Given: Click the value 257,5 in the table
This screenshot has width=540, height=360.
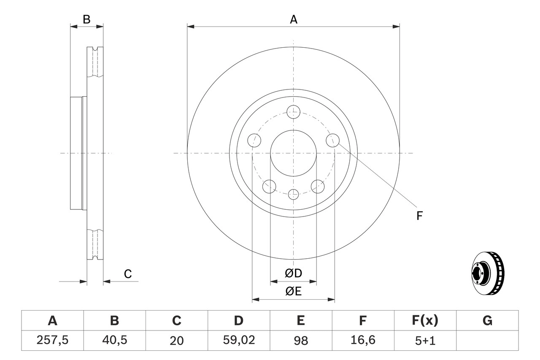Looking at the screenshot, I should tap(52, 340).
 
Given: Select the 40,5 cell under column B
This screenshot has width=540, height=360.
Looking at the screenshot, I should tap(114, 340).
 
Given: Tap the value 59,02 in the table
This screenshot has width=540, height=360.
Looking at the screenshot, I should tap(238, 340).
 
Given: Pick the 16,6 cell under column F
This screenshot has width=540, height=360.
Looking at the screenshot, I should tap(362, 340).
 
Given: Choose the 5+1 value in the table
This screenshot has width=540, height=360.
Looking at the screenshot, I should tap(424, 340).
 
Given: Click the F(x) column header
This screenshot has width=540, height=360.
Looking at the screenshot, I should tap(424, 321).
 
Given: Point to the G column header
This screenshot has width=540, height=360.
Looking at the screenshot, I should tap(487, 321).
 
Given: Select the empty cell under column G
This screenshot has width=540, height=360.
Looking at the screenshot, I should tap(487, 340).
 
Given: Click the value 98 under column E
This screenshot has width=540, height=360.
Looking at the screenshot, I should tap(300, 340).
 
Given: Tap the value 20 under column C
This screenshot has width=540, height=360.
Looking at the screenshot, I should tap(176, 340).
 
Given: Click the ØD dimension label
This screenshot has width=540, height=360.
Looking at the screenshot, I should tap(294, 273).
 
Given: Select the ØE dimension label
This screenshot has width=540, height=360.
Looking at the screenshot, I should tap(294, 292).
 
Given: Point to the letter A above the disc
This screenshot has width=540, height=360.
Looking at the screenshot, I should tap(293, 19).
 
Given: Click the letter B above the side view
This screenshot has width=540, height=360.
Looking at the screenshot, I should tap(86, 19).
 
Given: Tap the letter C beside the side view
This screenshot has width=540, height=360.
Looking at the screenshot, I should tap(128, 274).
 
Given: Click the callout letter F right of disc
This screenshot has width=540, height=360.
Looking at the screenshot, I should tap(419, 216).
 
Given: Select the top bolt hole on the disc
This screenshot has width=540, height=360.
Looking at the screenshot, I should tap(293, 112).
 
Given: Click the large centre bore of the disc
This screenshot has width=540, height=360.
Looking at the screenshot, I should tap(293, 153).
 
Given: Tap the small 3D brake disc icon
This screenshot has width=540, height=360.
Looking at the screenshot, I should tap(487, 274).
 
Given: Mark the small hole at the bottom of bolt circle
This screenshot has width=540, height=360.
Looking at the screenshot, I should tap(293, 195).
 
